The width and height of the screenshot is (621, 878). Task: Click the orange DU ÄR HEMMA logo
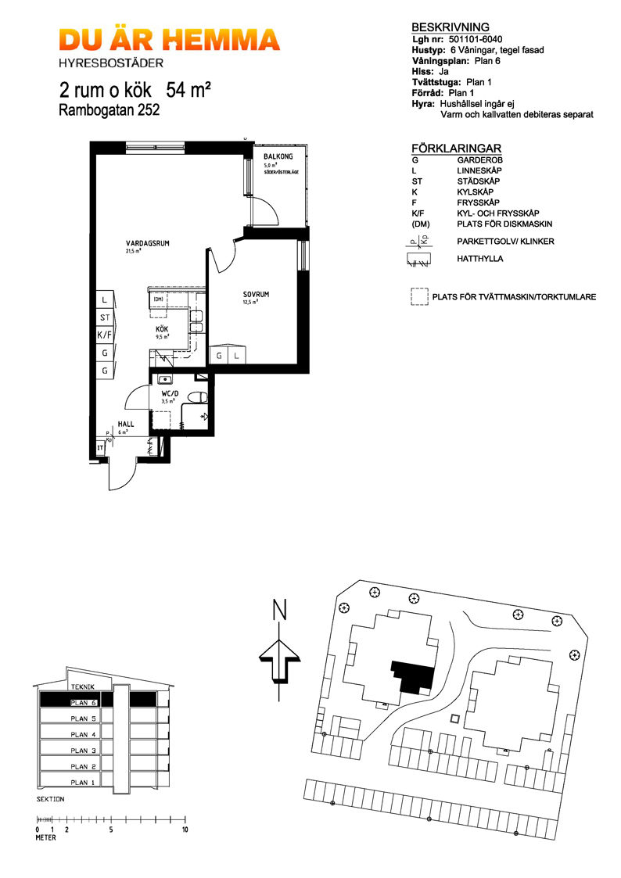169,41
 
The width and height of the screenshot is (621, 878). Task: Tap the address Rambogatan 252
109,110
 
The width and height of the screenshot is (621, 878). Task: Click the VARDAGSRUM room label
148,244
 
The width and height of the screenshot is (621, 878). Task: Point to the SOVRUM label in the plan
255,295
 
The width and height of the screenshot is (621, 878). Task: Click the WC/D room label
171,393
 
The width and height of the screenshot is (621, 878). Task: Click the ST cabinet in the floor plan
103,317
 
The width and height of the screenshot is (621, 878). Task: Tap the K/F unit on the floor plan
103,335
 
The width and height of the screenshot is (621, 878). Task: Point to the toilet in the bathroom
199,396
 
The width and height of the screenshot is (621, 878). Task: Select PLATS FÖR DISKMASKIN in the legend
505,224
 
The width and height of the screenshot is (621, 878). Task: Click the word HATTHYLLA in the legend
480,258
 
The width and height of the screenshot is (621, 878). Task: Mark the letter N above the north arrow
278,610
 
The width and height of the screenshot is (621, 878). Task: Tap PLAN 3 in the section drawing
83,751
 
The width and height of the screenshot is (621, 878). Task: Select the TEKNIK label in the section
82,686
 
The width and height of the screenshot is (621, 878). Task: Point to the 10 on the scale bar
185,829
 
